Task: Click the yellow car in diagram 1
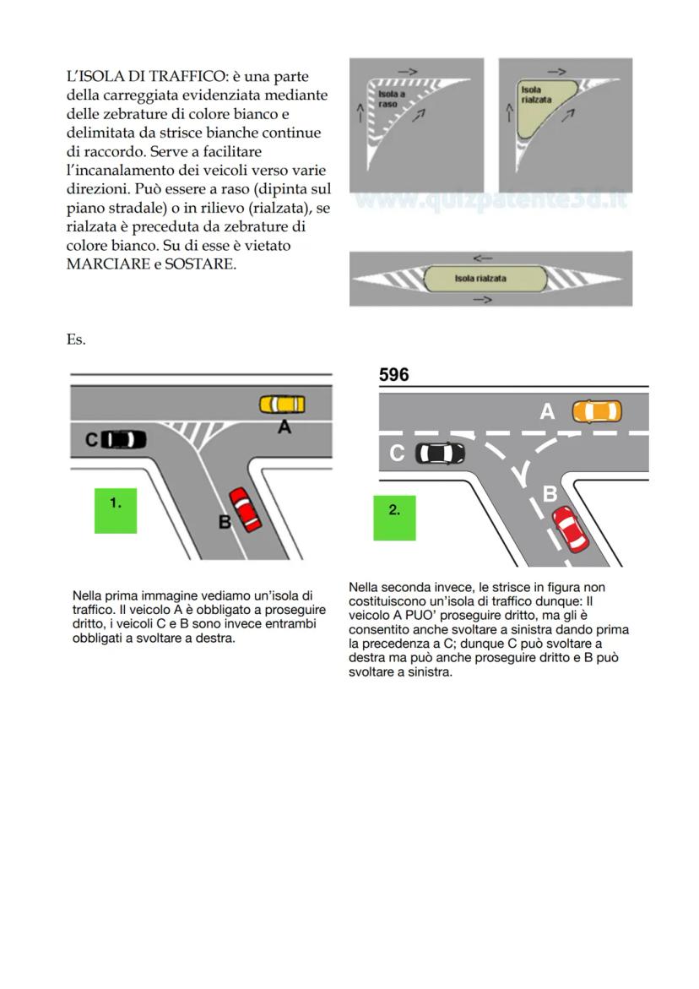282,405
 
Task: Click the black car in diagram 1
123,439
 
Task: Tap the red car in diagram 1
244,509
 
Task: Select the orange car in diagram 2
596,411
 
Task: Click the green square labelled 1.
116,510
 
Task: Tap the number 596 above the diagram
394,375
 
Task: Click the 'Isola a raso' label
388,98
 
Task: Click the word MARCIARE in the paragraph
106,264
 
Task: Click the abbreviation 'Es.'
76,340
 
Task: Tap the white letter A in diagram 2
547,411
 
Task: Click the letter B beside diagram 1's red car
225,522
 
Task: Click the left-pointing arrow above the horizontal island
483,258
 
